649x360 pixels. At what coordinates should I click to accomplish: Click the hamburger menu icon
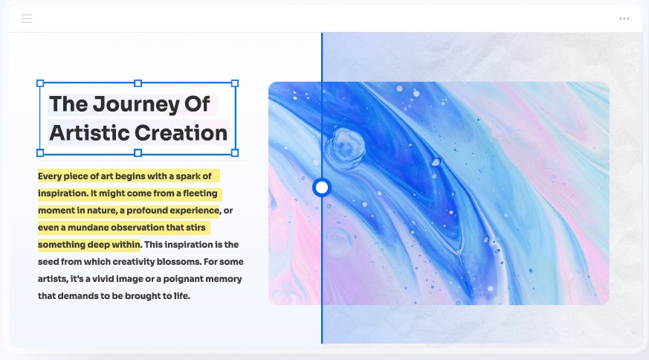[27, 19]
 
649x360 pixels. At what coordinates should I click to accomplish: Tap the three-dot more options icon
[624, 19]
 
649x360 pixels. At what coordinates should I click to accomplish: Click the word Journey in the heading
[136, 104]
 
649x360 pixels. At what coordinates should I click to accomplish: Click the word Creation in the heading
[181, 133]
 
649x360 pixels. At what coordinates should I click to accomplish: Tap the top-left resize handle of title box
[40, 83]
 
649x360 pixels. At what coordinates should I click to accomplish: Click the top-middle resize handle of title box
[138, 83]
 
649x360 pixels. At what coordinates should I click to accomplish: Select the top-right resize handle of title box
[235, 83]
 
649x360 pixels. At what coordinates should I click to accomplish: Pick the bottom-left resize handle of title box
[40, 153]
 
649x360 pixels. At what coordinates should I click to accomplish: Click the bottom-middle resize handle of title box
[138, 153]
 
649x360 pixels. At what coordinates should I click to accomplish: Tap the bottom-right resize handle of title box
[235, 153]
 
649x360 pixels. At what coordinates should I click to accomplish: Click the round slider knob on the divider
[322, 187]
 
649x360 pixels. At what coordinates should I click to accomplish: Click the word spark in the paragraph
[188, 176]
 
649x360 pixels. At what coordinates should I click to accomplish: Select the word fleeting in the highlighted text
[200, 193]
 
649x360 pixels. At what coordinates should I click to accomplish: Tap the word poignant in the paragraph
[183, 279]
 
